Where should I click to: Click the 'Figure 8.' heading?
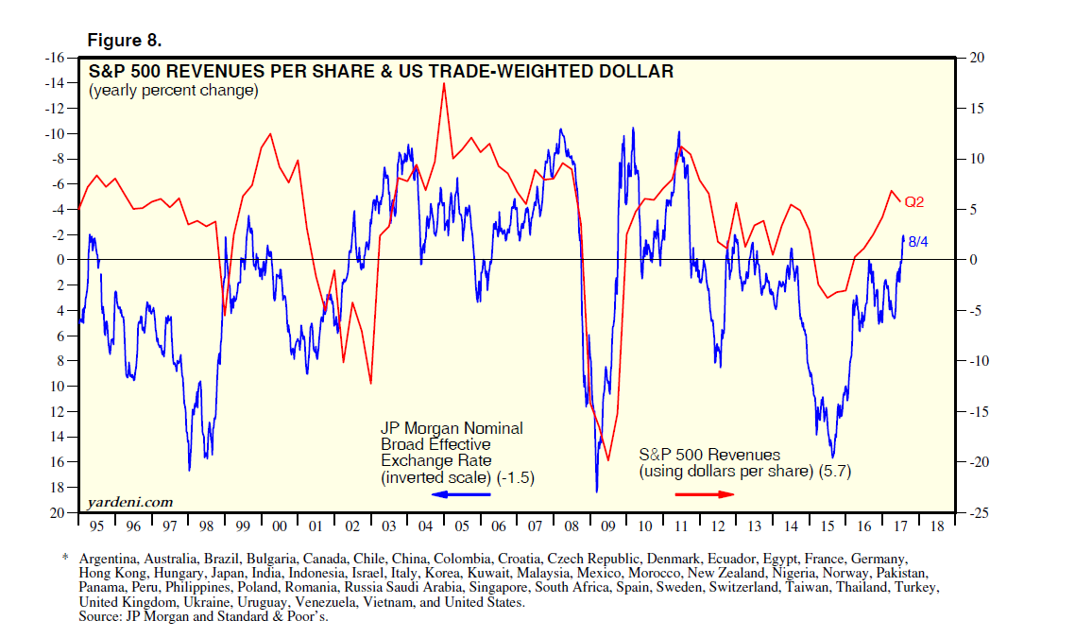click(124, 40)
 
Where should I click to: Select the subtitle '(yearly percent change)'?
click(173, 91)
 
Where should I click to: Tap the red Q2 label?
click(913, 201)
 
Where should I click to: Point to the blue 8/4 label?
click(919, 242)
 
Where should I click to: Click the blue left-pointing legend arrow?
click(460, 494)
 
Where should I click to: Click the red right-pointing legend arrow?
click(704, 494)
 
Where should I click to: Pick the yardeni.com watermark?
click(129, 502)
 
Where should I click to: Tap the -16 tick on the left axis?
click(53, 58)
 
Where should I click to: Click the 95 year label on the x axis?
click(96, 526)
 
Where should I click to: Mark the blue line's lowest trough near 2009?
click(596, 491)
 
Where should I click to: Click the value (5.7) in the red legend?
click(835, 472)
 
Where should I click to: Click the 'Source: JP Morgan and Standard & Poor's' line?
click(203, 616)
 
